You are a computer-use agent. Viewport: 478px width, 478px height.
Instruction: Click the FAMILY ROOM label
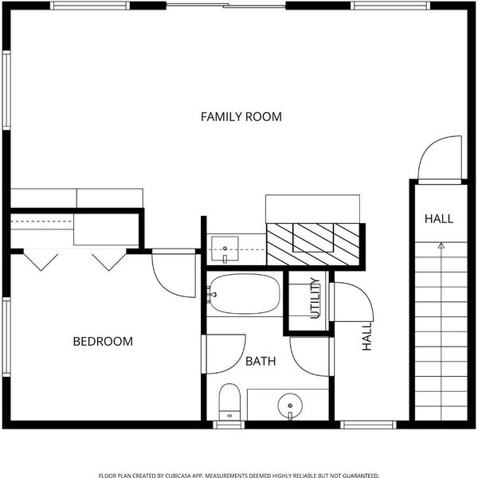click(x=241, y=117)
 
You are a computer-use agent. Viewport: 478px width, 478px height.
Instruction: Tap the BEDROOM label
click(x=103, y=342)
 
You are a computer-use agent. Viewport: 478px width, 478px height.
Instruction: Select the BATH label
click(x=261, y=362)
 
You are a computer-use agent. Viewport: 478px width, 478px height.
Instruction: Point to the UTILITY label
click(x=315, y=298)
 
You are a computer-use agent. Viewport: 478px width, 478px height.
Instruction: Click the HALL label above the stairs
click(x=439, y=219)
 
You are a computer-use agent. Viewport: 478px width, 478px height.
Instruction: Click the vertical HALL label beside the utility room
click(x=367, y=336)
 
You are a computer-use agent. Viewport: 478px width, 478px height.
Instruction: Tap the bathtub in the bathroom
click(x=244, y=294)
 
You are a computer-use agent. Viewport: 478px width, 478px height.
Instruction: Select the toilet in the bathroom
click(x=229, y=402)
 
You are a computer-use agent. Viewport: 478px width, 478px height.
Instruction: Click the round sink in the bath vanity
click(x=290, y=406)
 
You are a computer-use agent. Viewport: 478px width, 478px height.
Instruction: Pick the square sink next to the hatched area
click(x=225, y=249)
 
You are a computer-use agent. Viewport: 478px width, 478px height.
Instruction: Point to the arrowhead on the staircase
click(x=441, y=245)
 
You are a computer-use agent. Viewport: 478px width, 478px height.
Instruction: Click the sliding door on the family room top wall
click(x=226, y=6)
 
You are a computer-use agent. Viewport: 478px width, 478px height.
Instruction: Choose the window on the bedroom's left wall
click(x=6, y=337)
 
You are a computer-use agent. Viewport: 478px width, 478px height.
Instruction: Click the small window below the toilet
click(x=229, y=425)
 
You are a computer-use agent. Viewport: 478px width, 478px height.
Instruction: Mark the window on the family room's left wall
click(x=6, y=90)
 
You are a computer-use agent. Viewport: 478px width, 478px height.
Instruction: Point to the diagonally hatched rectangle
click(x=313, y=245)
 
